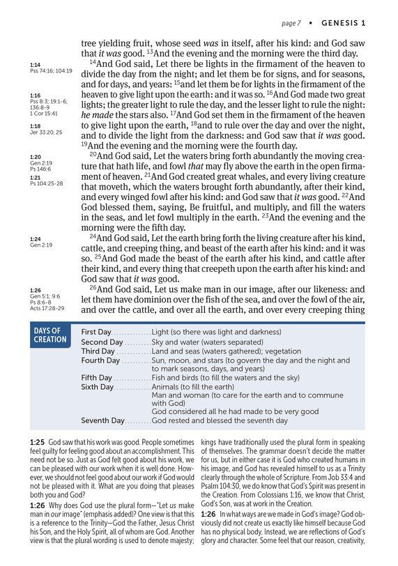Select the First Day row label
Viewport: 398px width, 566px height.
tap(97, 332)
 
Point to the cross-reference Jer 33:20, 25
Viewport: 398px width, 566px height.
tap(47, 131)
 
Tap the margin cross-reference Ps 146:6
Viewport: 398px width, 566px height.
tap(43, 169)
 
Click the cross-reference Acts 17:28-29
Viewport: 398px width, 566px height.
tap(47, 308)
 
